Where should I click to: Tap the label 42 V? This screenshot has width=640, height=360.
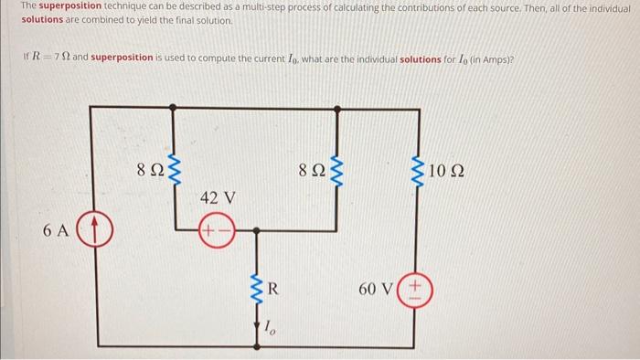217,197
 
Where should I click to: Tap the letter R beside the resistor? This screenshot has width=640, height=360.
272,290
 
